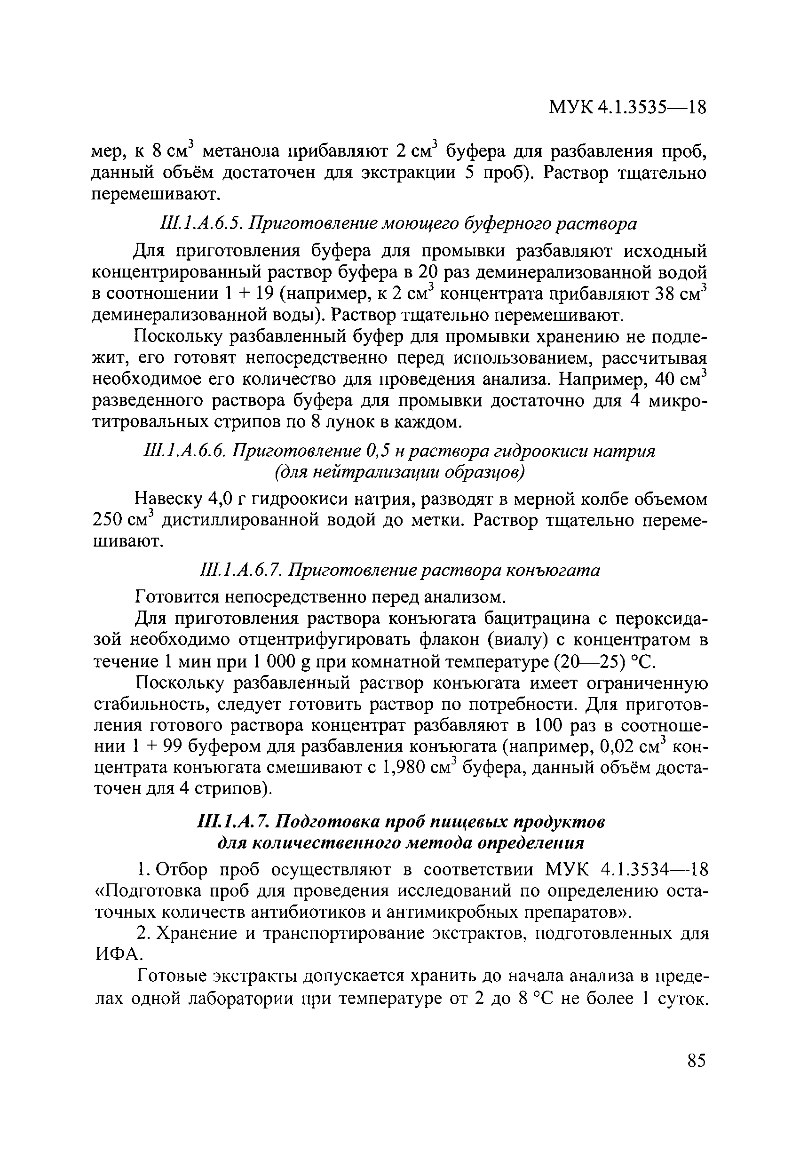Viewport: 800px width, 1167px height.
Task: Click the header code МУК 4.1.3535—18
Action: pyautogui.click(x=627, y=107)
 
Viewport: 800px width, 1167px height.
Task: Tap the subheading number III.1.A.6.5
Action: pyautogui.click(x=200, y=223)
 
